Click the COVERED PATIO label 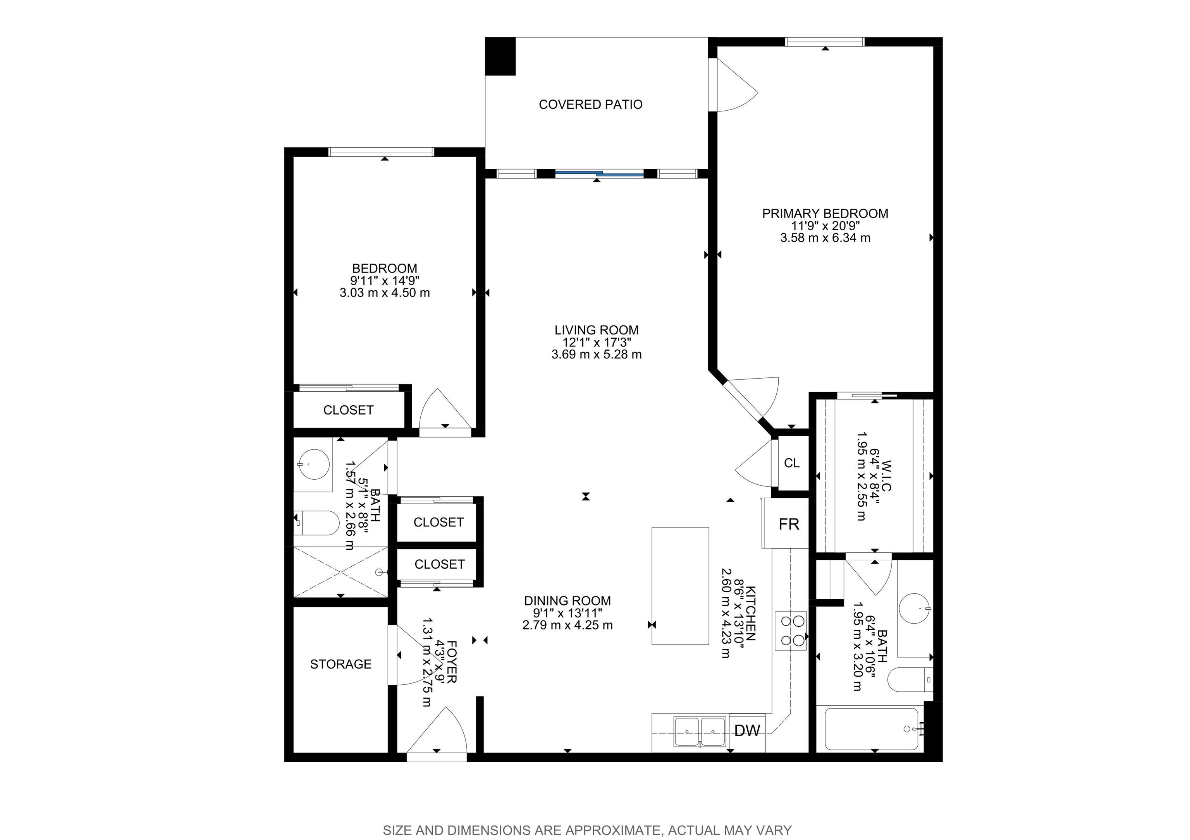click(590, 105)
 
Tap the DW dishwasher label click(747, 731)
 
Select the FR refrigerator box click(788, 524)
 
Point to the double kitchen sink click(700, 732)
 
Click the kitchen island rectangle click(679, 586)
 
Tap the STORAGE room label click(340, 664)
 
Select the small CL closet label click(791, 463)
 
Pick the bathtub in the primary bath click(871, 729)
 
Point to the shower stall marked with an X click(340, 572)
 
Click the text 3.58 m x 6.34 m click(825, 238)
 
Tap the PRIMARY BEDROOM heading click(825, 213)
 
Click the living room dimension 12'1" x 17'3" click(597, 342)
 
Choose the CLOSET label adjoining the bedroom click(348, 410)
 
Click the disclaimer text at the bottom click(587, 830)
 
